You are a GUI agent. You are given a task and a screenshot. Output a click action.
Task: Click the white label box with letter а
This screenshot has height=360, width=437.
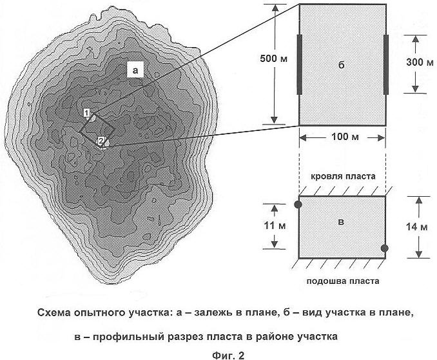[135, 70]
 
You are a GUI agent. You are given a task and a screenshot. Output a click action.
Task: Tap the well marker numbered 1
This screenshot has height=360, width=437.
[86, 113]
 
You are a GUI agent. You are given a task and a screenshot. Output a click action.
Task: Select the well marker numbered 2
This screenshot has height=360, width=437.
[101, 141]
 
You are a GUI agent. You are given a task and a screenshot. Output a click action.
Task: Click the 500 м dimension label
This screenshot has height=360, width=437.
[273, 59]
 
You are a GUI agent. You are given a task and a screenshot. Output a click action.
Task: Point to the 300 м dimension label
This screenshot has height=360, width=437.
[420, 62]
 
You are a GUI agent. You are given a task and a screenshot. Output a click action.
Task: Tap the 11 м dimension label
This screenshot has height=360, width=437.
[275, 226]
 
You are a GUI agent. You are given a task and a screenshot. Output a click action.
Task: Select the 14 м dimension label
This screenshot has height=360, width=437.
[416, 227]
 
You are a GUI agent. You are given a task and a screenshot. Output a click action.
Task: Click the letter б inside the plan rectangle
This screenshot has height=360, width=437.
[341, 65]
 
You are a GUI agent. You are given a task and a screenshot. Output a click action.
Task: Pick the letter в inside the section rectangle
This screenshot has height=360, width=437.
[340, 222]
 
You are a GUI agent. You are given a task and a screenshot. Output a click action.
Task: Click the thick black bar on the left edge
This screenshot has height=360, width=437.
[299, 64]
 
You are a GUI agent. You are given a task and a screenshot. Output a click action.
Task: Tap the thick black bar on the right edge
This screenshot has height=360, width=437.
[386, 65]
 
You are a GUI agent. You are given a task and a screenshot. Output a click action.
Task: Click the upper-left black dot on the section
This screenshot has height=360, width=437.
[298, 205]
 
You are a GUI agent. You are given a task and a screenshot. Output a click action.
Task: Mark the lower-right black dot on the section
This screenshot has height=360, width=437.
[385, 248]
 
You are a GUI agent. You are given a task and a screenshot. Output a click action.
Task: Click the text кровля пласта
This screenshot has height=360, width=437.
[343, 177]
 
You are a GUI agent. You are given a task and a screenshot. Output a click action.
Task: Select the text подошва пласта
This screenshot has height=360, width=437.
[343, 281]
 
